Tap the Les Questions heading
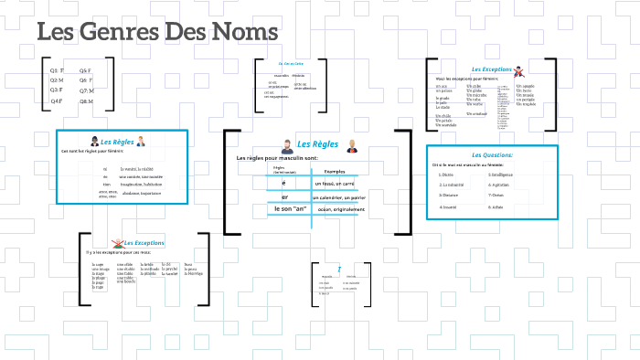pos(492,154)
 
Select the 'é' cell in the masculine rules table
pos(284,184)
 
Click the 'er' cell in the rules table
pos(284,196)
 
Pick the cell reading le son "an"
pos(290,209)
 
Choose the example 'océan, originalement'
pos(339,210)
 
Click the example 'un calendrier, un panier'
pos(339,197)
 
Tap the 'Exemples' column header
pos(335,172)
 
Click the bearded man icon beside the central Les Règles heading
pos(286,145)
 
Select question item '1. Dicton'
pos(446,174)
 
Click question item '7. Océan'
pos(497,195)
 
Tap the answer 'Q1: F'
pos(56,70)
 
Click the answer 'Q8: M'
pos(86,101)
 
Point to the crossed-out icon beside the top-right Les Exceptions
pos(518,70)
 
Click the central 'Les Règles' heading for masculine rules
pos(318,144)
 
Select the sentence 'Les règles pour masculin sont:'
pos(276,159)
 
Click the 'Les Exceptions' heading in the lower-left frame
pos(144,243)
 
